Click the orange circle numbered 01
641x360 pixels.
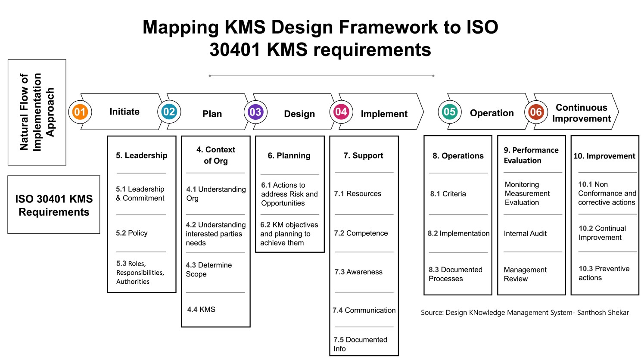click(80, 112)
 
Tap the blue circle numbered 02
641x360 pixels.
click(169, 112)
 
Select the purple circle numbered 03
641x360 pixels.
click(255, 112)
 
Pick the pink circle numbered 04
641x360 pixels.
click(341, 112)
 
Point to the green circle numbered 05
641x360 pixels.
click(449, 112)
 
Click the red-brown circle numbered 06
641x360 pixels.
click(536, 112)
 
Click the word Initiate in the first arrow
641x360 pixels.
click(124, 112)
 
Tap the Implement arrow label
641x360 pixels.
click(384, 114)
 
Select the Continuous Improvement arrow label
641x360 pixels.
click(582, 113)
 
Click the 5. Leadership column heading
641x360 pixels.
click(142, 155)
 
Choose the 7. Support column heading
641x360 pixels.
click(363, 155)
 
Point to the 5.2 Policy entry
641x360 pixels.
click(132, 233)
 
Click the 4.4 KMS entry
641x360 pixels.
click(201, 309)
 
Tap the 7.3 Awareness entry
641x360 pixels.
click(358, 272)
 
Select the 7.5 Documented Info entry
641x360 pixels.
click(360, 344)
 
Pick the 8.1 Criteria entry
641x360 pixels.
click(448, 194)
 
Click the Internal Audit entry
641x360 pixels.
click(525, 233)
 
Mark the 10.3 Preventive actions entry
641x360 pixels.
click(604, 273)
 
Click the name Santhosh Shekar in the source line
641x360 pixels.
click(603, 313)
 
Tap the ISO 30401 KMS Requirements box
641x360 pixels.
click(54, 205)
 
